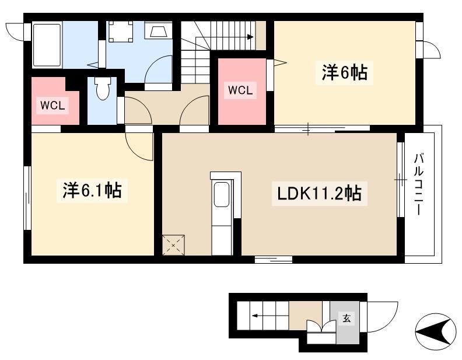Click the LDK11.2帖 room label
click(320, 194)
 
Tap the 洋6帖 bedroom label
click(344, 73)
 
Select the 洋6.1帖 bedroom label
click(92, 191)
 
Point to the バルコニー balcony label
click(419, 184)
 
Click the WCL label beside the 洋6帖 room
click(240, 90)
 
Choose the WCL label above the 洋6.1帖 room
click(52, 105)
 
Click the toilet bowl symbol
click(103, 88)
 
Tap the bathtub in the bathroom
click(47, 45)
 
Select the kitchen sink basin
click(222, 194)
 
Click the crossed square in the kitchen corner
click(174, 245)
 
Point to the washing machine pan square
click(120, 32)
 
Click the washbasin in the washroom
click(157, 30)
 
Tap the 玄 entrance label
click(347, 318)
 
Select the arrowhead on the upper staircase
click(250, 37)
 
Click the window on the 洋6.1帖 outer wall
click(27, 198)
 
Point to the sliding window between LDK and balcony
click(400, 180)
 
